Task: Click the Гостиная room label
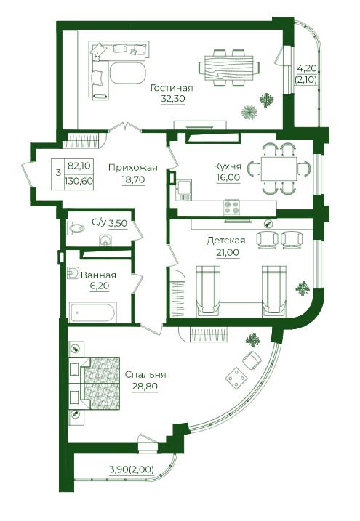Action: point(172,88)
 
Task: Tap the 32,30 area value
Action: point(173,99)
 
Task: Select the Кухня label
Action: point(228,166)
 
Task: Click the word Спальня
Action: point(145,375)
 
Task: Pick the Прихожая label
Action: point(132,168)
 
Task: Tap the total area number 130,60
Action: point(80,182)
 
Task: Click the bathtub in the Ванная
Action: point(93,312)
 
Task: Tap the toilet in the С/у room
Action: point(76,228)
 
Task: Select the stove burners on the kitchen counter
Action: point(231,207)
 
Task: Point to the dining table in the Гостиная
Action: point(228,68)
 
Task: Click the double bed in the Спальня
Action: point(94,383)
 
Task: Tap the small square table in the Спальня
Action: point(236,377)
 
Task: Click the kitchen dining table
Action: point(279,169)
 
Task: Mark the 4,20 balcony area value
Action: point(307,69)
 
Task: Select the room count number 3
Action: point(58,173)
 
